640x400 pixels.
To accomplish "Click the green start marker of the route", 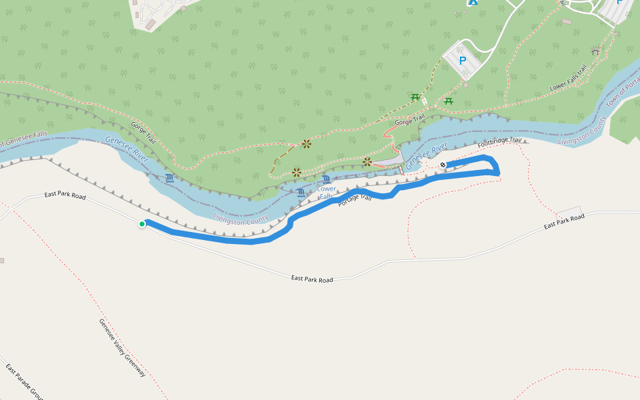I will coord(142,224).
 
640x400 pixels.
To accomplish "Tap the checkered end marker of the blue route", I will coord(443,165).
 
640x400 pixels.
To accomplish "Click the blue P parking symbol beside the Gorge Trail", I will coord(463,61).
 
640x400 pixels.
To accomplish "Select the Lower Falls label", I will coord(327,193).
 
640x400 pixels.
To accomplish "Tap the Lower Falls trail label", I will coord(568,78).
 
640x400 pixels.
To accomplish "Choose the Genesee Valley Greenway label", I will coord(122,347).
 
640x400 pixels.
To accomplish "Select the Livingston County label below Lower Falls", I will coord(241,219).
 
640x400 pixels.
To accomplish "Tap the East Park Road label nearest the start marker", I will coord(65,196).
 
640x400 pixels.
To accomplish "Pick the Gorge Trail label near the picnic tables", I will coord(409,121).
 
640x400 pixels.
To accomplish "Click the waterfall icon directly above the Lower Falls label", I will coord(326,179).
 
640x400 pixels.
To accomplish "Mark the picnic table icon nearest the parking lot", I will coord(449,101).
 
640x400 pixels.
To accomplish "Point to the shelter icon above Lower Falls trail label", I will coord(595,51).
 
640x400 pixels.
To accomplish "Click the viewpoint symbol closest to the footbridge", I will coord(367,162).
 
